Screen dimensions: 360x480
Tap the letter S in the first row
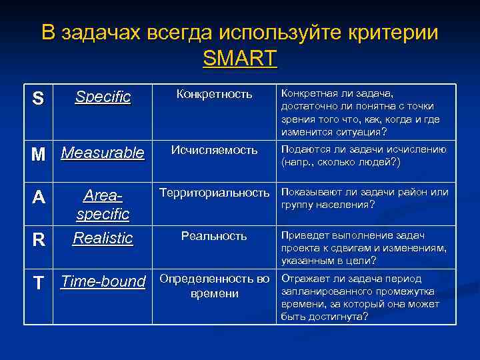pos(38,99)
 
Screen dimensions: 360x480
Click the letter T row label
pos(39,283)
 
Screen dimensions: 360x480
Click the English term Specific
pos(103,97)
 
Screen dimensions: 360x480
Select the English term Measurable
pos(103,153)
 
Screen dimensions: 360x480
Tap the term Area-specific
pos(103,205)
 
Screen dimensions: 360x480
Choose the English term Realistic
pos(103,238)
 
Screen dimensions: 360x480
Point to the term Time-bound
pos(103,281)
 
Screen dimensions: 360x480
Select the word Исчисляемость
pos(214,150)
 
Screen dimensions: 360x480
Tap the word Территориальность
pos(214,193)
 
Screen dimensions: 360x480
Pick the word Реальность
pos(214,236)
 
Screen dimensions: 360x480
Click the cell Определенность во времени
pos(214,285)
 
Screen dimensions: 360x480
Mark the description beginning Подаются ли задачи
pos(363,155)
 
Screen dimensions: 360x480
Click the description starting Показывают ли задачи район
pos(363,198)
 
